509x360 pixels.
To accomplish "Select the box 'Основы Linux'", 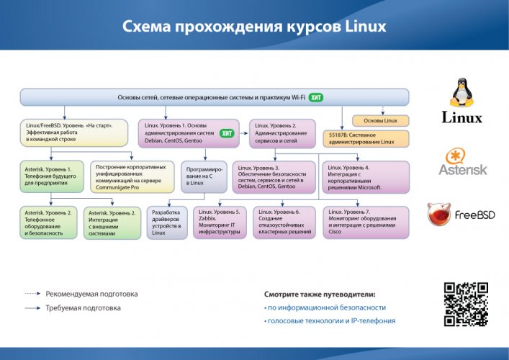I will pos(380,120).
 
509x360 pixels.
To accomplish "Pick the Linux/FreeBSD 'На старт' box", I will pos(74,133).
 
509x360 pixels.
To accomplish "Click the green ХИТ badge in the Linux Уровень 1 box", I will pos(227,133).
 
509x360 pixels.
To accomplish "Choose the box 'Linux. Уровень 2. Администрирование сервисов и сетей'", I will pos(282,133).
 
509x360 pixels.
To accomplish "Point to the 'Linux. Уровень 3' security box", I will pos(275,177).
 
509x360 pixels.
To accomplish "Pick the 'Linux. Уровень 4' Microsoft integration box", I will pos(365,177).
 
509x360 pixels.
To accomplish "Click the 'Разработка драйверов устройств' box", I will pos(168,222).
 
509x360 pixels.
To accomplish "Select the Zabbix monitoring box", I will pos(221,222).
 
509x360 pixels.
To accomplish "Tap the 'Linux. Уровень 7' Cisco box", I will pos(365,222).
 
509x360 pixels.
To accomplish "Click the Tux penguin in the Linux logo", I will pos(461,94).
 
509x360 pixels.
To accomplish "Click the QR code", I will pos(465,304).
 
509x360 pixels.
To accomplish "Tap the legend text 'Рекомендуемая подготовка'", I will pos(91,294).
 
